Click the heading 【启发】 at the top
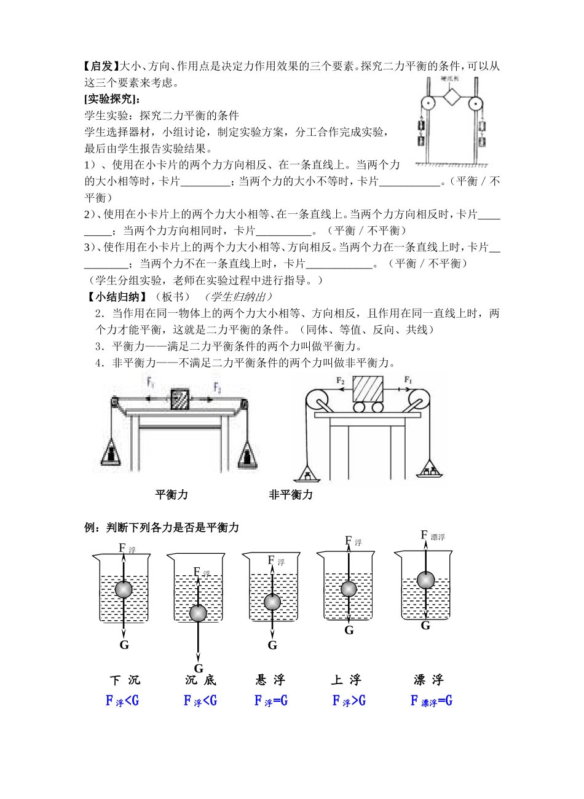click(100, 66)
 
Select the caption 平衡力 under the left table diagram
click(172, 494)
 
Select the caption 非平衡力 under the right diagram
click(291, 494)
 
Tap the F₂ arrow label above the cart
click(341, 380)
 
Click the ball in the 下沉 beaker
click(124, 589)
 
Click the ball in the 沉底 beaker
click(198, 613)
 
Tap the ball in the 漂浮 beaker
click(425, 580)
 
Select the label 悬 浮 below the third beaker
click(270, 680)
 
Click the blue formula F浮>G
click(349, 701)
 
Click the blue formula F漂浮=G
click(432, 701)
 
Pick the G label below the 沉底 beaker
click(198, 668)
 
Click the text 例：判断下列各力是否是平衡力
click(161, 527)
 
